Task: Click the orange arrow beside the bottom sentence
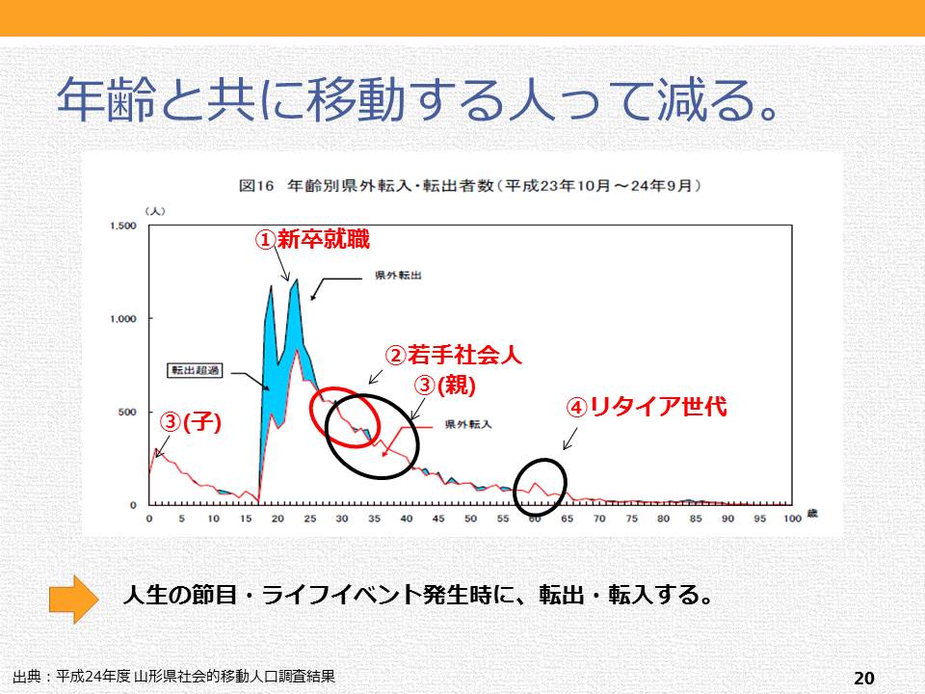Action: (x=73, y=598)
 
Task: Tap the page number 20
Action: (x=863, y=678)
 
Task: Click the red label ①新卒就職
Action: (x=311, y=240)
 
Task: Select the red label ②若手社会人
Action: (x=453, y=356)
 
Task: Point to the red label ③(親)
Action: (x=445, y=386)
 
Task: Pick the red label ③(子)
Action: (x=191, y=422)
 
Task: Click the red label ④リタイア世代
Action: (x=645, y=408)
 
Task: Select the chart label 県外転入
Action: (x=469, y=424)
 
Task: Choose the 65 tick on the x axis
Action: (x=567, y=520)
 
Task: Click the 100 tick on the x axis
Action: (x=792, y=520)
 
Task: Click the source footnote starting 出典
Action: (x=174, y=676)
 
